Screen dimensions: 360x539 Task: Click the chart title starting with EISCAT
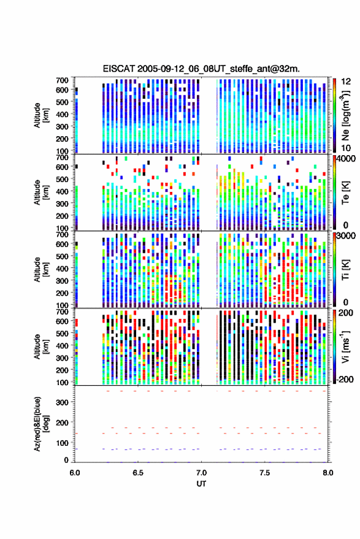coord(201,69)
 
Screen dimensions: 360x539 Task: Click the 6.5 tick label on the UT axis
coord(138,473)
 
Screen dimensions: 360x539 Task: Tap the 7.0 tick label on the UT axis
coord(201,473)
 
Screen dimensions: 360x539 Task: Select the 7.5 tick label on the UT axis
coord(264,473)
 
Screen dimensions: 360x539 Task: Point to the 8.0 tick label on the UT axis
coord(327,473)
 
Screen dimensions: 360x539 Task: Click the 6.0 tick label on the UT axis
coord(75,473)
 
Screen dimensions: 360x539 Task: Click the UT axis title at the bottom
coord(201,484)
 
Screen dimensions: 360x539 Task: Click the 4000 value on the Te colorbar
coord(347,159)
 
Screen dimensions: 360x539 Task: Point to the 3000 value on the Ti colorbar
coord(347,236)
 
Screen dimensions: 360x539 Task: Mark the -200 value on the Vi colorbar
coord(344,379)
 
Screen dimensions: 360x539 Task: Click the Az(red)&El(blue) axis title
coord(40,424)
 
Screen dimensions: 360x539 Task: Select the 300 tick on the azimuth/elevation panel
coord(62,402)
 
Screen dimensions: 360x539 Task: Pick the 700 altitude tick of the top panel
coord(62,80)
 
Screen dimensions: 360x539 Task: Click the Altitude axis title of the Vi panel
coord(40,346)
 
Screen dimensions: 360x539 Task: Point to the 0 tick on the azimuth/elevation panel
coord(66,460)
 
